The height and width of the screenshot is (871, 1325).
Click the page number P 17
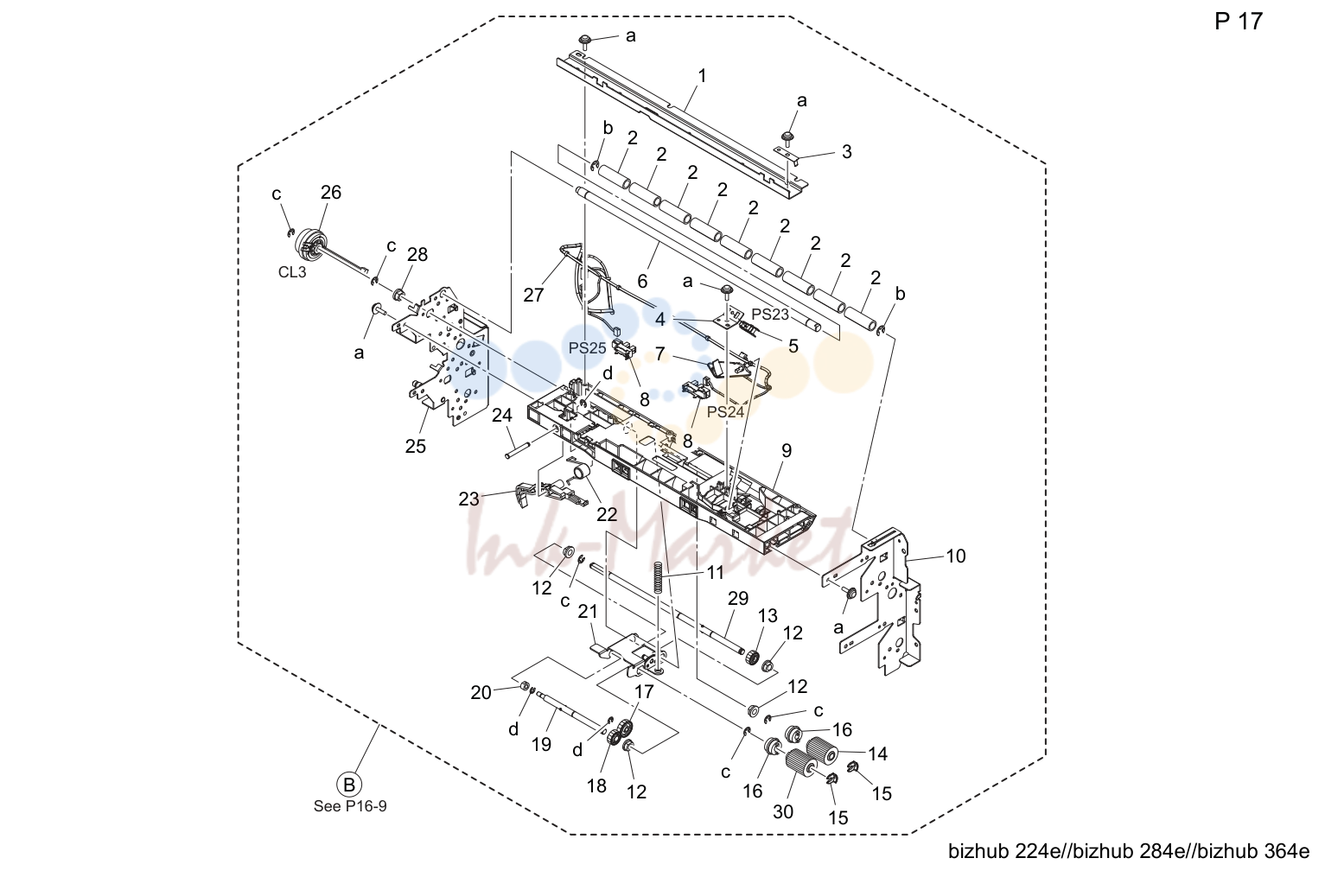pyautogui.click(x=1238, y=22)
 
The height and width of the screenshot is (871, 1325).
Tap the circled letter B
pyautogui.click(x=349, y=785)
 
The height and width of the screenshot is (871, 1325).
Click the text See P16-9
pyautogui.click(x=350, y=806)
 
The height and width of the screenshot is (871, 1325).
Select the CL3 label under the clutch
pyautogui.click(x=292, y=272)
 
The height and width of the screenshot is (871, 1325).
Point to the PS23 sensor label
pyautogui.click(x=770, y=315)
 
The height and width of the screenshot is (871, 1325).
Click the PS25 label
pyautogui.click(x=588, y=348)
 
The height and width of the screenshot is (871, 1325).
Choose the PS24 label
pyautogui.click(x=725, y=412)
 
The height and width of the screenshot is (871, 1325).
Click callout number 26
pyautogui.click(x=331, y=192)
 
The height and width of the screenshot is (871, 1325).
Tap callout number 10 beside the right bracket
pyautogui.click(x=956, y=556)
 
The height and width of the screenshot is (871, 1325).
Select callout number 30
pyautogui.click(x=782, y=812)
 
